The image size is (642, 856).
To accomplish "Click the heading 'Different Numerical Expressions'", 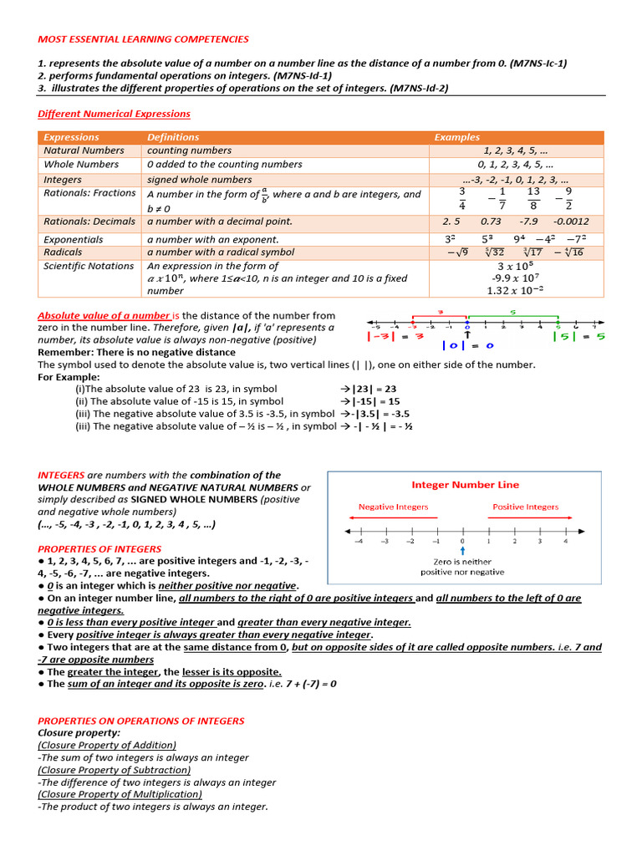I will [x=114, y=114].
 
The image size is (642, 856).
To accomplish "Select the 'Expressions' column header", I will [x=71, y=137].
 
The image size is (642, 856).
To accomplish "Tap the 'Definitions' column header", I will [x=173, y=137].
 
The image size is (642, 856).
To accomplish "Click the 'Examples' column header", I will [x=456, y=137].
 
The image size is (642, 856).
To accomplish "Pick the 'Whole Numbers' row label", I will [x=81, y=165].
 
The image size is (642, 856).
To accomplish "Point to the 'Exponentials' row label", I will [x=74, y=239].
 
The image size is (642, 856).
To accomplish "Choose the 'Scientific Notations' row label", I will [x=89, y=266].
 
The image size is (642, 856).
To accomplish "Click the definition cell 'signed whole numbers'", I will [x=199, y=180].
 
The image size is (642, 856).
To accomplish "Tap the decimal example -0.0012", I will [x=571, y=222].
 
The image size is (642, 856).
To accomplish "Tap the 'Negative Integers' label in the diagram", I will [x=393, y=507].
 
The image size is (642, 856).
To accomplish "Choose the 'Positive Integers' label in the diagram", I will [x=525, y=507].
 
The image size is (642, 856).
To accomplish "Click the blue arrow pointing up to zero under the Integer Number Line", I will [x=462, y=550].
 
